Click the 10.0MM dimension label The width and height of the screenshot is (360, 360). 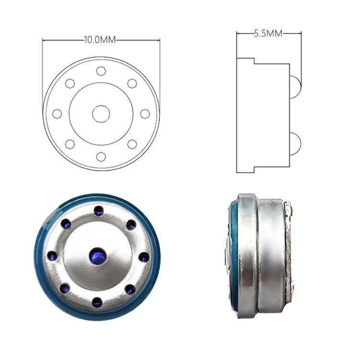(100, 40)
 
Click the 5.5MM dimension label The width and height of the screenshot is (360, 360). (268, 34)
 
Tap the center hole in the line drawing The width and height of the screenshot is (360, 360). (101, 114)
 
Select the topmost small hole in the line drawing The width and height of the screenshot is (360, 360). (101, 71)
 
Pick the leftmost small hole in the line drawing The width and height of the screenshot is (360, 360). (57, 114)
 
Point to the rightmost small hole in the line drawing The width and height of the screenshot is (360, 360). (145, 114)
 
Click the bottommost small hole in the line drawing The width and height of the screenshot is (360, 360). (101, 157)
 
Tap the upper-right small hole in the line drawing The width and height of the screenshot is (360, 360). (132, 84)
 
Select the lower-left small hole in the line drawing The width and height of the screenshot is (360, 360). (70, 144)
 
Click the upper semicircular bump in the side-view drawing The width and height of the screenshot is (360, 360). (296, 87)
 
